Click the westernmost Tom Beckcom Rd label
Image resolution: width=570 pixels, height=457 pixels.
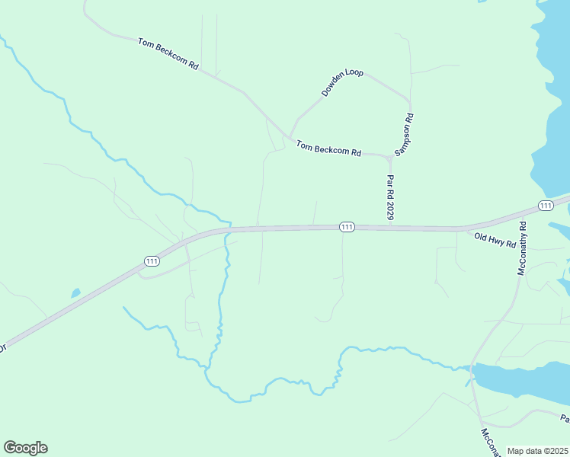[x=168, y=54]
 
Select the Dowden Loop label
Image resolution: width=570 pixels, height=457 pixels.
[x=342, y=83]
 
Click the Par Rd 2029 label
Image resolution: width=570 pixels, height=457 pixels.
[x=390, y=197]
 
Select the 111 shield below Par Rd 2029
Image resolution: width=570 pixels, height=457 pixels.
[x=347, y=227]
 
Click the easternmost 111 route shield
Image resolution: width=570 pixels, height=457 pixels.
[x=545, y=206]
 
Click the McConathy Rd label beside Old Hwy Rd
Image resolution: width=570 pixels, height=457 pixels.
[x=523, y=248]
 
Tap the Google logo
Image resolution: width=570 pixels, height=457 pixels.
[x=25, y=448]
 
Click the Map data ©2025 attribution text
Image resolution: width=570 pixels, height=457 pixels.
[x=537, y=451]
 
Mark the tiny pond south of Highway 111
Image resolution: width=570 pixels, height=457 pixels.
[x=75, y=293]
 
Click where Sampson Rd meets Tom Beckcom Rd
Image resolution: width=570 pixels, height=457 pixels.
[x=390, y=157]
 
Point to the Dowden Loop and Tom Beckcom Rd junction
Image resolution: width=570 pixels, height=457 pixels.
[x=290, y=136]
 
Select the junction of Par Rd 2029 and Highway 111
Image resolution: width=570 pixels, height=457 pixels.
[x=390, y=226]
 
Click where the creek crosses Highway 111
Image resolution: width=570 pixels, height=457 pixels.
[x=227, y=228]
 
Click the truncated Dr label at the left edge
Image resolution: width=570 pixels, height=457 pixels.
[x=3, y=347]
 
